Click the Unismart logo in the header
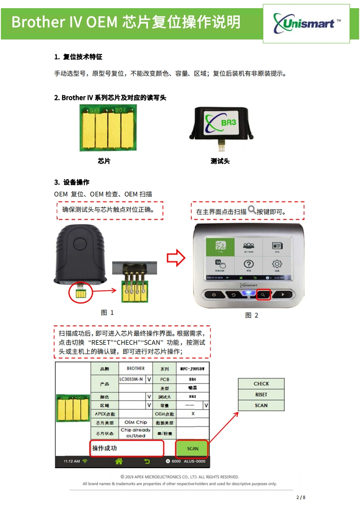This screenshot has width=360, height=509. click(x=306, y=23)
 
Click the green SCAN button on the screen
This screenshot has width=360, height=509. click(x=192, y=448)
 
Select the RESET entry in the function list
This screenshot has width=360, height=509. click(x=261, y=395)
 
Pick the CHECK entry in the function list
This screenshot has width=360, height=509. click(x=261, y=384)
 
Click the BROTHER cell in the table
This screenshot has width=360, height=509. click(x=136, y=368)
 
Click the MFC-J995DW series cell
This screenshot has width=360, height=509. click(x=192, y=368)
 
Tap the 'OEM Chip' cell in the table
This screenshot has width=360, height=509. click(x=135, y=422)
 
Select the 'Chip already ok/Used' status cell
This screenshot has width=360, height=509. click(x=135, y=433)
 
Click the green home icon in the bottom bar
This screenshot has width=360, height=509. click(x=119, y=461)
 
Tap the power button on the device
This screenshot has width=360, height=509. click(x=213, y=294)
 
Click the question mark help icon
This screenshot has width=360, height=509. click(x=248, y=264)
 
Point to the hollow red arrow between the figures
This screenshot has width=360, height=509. click(x=176, y=258)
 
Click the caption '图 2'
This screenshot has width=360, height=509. click(x=252, y=315)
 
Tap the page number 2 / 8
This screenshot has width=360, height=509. click(x=301, y=497)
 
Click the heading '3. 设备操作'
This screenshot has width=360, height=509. click(x=72, y=182)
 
